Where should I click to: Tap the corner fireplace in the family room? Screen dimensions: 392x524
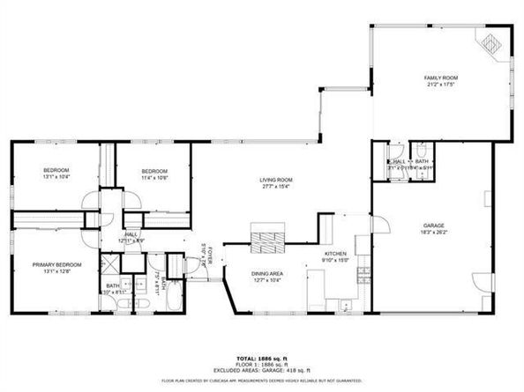tap(489, 41)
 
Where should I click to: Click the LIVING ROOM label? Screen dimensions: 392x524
tap(275, 180)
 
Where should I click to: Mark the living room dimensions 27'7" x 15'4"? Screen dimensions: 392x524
tap(275, 187)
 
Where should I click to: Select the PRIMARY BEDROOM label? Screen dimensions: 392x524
tap(57, 264)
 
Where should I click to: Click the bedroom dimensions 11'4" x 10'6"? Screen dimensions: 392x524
tap(155, 178)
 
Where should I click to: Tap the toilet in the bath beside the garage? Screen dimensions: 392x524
tap(422, 150)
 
